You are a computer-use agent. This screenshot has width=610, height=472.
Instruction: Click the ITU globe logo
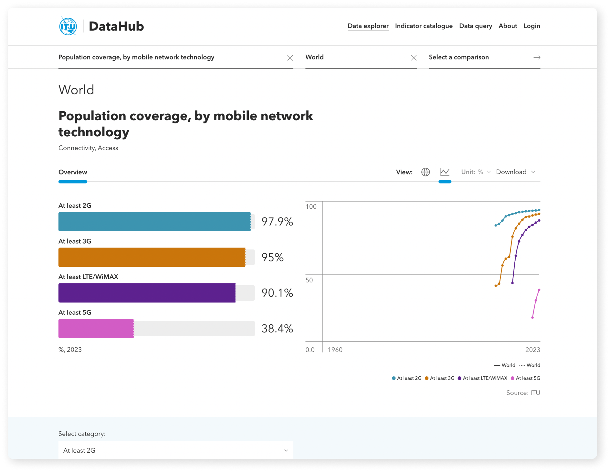[68, 26]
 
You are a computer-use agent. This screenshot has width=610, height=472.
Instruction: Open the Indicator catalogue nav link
[424, 26]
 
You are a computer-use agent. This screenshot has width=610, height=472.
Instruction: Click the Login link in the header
[531, 26]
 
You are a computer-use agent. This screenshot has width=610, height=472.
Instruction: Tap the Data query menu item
[475, 26]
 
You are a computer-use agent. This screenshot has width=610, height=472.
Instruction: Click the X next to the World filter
[413, 58]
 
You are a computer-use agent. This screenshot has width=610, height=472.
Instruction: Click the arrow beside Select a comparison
[536, 58]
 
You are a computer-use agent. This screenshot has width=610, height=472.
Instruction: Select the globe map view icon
[426, 172]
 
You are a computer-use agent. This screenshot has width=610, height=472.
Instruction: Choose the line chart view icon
[445, 172]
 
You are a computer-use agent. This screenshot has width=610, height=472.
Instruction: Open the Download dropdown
[515, 172]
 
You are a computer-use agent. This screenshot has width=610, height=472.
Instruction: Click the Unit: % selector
[475, 172]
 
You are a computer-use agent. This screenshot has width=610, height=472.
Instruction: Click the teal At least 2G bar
[154, 222]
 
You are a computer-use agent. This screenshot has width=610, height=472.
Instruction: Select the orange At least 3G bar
[152, 257]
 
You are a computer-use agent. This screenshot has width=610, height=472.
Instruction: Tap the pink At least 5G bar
[96, 329]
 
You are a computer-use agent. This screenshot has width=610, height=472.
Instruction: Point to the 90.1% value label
[277, 293]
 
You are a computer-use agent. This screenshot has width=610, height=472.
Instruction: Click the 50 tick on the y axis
[309, 280]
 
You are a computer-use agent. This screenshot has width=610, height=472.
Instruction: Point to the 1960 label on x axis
[335, 350]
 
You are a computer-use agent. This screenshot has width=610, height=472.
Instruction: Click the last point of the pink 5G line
[539, 290]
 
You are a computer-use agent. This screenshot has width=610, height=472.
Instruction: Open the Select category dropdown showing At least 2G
[175, 450]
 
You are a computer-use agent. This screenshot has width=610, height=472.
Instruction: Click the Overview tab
[73, 172]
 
